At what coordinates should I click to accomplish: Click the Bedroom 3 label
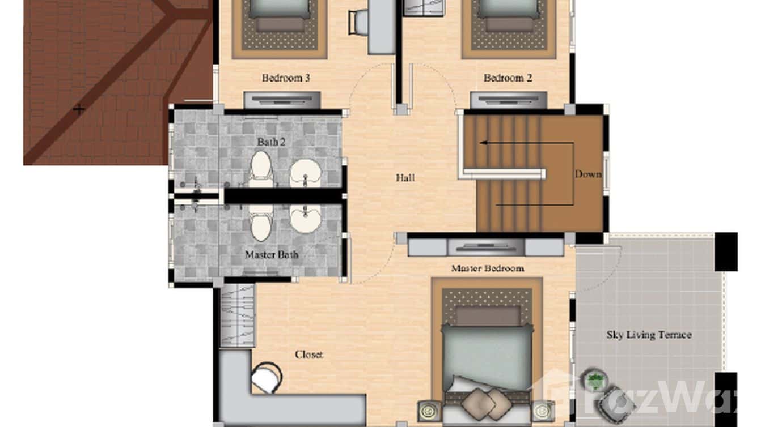[286, 78]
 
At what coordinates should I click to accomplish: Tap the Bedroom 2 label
[508, 78]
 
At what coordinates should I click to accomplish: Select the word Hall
[405, 178]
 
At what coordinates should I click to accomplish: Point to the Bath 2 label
[271, 142]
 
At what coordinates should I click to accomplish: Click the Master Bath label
[272, 255]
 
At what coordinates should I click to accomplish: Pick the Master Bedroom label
[487, 268]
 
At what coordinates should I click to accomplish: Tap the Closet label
[308, 355]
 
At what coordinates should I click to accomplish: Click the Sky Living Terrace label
[649, 335]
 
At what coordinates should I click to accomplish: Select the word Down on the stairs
[587, 174]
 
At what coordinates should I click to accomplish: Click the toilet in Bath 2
[260, 168]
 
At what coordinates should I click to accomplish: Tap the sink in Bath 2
[306, 173]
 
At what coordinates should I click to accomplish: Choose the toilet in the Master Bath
[260, 223]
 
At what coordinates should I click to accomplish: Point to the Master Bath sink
[306, 217]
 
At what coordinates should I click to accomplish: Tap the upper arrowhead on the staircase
[481, 143]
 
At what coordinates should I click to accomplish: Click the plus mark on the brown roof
[79, 109]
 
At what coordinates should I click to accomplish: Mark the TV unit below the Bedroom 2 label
[508, 100]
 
